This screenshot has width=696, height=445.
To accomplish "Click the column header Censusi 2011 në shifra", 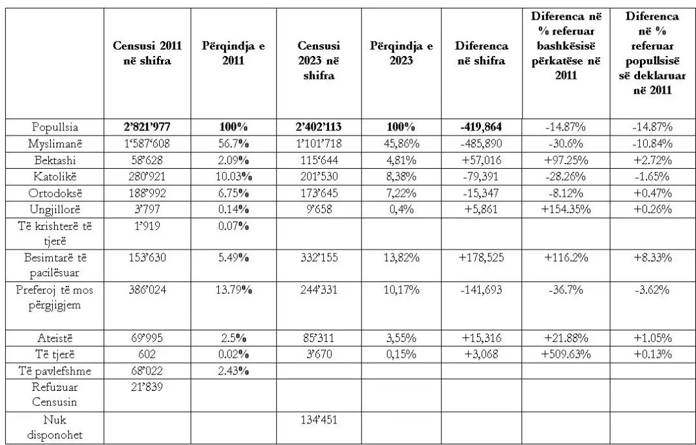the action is click(x=147, y=53).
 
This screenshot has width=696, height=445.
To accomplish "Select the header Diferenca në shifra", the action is click(x=482, y=53).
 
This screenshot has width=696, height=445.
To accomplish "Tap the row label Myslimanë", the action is click(x=55, y=144).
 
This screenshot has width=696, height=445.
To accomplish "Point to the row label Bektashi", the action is click(x=55, y=160).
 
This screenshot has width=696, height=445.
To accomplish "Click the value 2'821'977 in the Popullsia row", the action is click(x=147, y=127).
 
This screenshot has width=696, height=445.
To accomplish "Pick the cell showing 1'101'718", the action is click(x=319, y=144).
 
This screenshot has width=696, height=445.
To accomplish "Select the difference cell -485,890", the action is click(x=482, y=144).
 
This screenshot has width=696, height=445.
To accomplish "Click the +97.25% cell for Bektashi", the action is click(x=566, y=160).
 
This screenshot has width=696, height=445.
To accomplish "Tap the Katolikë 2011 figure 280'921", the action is click(x=147, y=176).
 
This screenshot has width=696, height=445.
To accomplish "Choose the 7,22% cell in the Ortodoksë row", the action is click(x=401, y=193).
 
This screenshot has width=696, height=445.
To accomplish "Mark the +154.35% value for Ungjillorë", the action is click(x=566, y=209).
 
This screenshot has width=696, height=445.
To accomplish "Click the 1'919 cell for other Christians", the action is click(x=147, y=226).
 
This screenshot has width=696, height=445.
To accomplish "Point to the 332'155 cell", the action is click(x=319, y=257).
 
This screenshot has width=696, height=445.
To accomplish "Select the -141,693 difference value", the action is click(x=482, y=290).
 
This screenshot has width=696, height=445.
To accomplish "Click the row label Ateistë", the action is click(x=55, y=338).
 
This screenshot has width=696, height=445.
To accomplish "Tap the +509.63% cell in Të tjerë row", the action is click(x=566, y=354).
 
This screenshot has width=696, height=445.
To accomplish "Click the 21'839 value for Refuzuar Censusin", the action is click(x=147, y=387).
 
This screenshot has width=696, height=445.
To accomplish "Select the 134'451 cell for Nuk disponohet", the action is click(x=319, y=420).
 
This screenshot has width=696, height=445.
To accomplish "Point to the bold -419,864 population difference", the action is click(x=482, y=127).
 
